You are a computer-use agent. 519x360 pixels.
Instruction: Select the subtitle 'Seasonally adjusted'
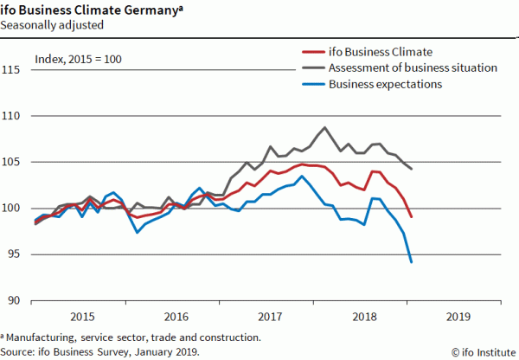pos(51,25)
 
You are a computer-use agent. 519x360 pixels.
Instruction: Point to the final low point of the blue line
pos(411,261)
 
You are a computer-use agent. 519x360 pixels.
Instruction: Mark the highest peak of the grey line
pos(324,127)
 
